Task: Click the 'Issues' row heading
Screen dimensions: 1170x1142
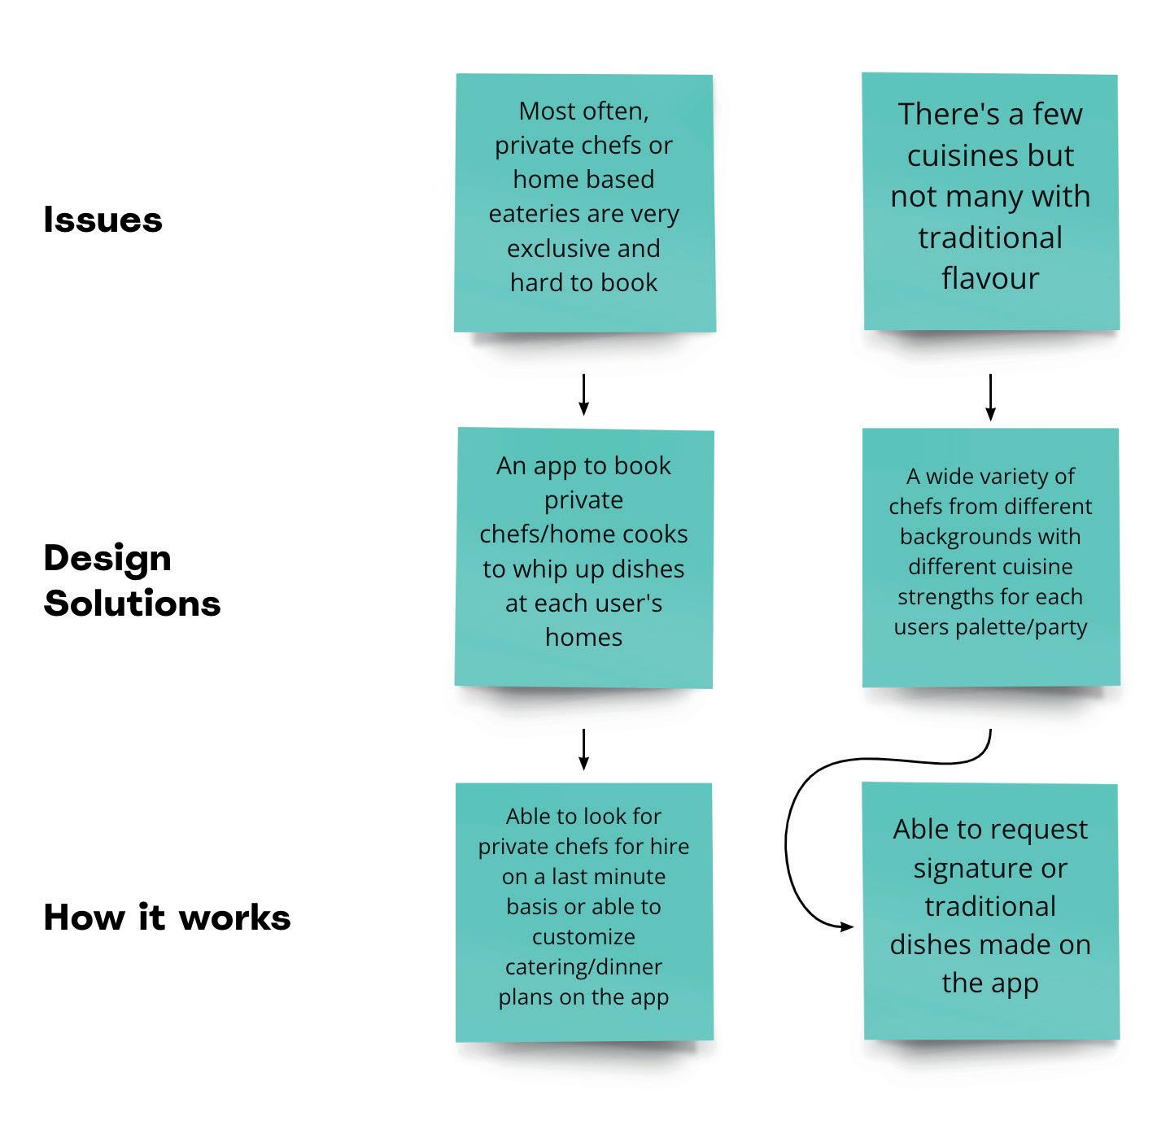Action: coord(103,220)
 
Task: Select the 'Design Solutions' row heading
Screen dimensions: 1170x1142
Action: coord(132,581)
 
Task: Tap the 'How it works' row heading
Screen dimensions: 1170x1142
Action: coord(167,917)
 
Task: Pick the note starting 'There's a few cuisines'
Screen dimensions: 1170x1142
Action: coord(990,201)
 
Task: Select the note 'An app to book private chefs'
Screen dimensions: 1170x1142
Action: coord(584,557)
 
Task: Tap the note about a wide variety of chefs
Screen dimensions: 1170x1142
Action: coord(990,557)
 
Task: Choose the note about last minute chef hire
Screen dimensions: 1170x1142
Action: coord(584,911)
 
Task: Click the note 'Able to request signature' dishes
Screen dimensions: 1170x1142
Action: coord(990,911)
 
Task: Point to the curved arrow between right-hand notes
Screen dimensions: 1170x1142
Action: coord(788,838)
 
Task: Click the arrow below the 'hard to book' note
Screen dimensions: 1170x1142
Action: coord(583,394)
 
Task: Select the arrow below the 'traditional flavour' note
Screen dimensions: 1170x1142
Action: coord(990,397)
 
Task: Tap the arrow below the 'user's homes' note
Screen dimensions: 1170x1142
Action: coord(583,749)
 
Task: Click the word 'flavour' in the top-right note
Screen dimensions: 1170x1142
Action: coord(990,278)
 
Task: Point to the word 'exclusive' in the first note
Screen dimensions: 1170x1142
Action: coord(544,248)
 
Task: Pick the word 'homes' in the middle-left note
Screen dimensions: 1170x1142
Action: coord(583,637)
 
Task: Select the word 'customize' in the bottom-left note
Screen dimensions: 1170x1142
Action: coord(583,936)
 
